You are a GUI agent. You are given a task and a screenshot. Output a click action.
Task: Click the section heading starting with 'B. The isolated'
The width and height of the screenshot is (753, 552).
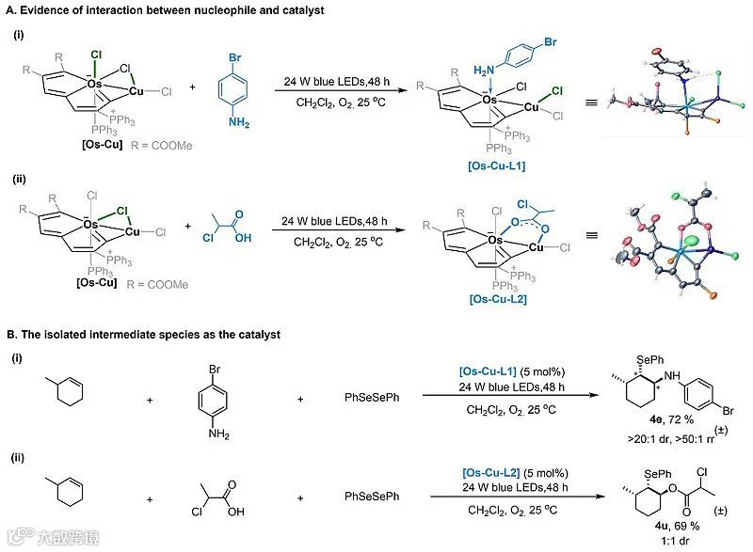point(168,333)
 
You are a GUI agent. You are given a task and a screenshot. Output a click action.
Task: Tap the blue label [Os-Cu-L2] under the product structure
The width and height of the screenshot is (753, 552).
point(496,297)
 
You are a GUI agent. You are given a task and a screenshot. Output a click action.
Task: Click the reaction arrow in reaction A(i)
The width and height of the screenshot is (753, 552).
point(337,90)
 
